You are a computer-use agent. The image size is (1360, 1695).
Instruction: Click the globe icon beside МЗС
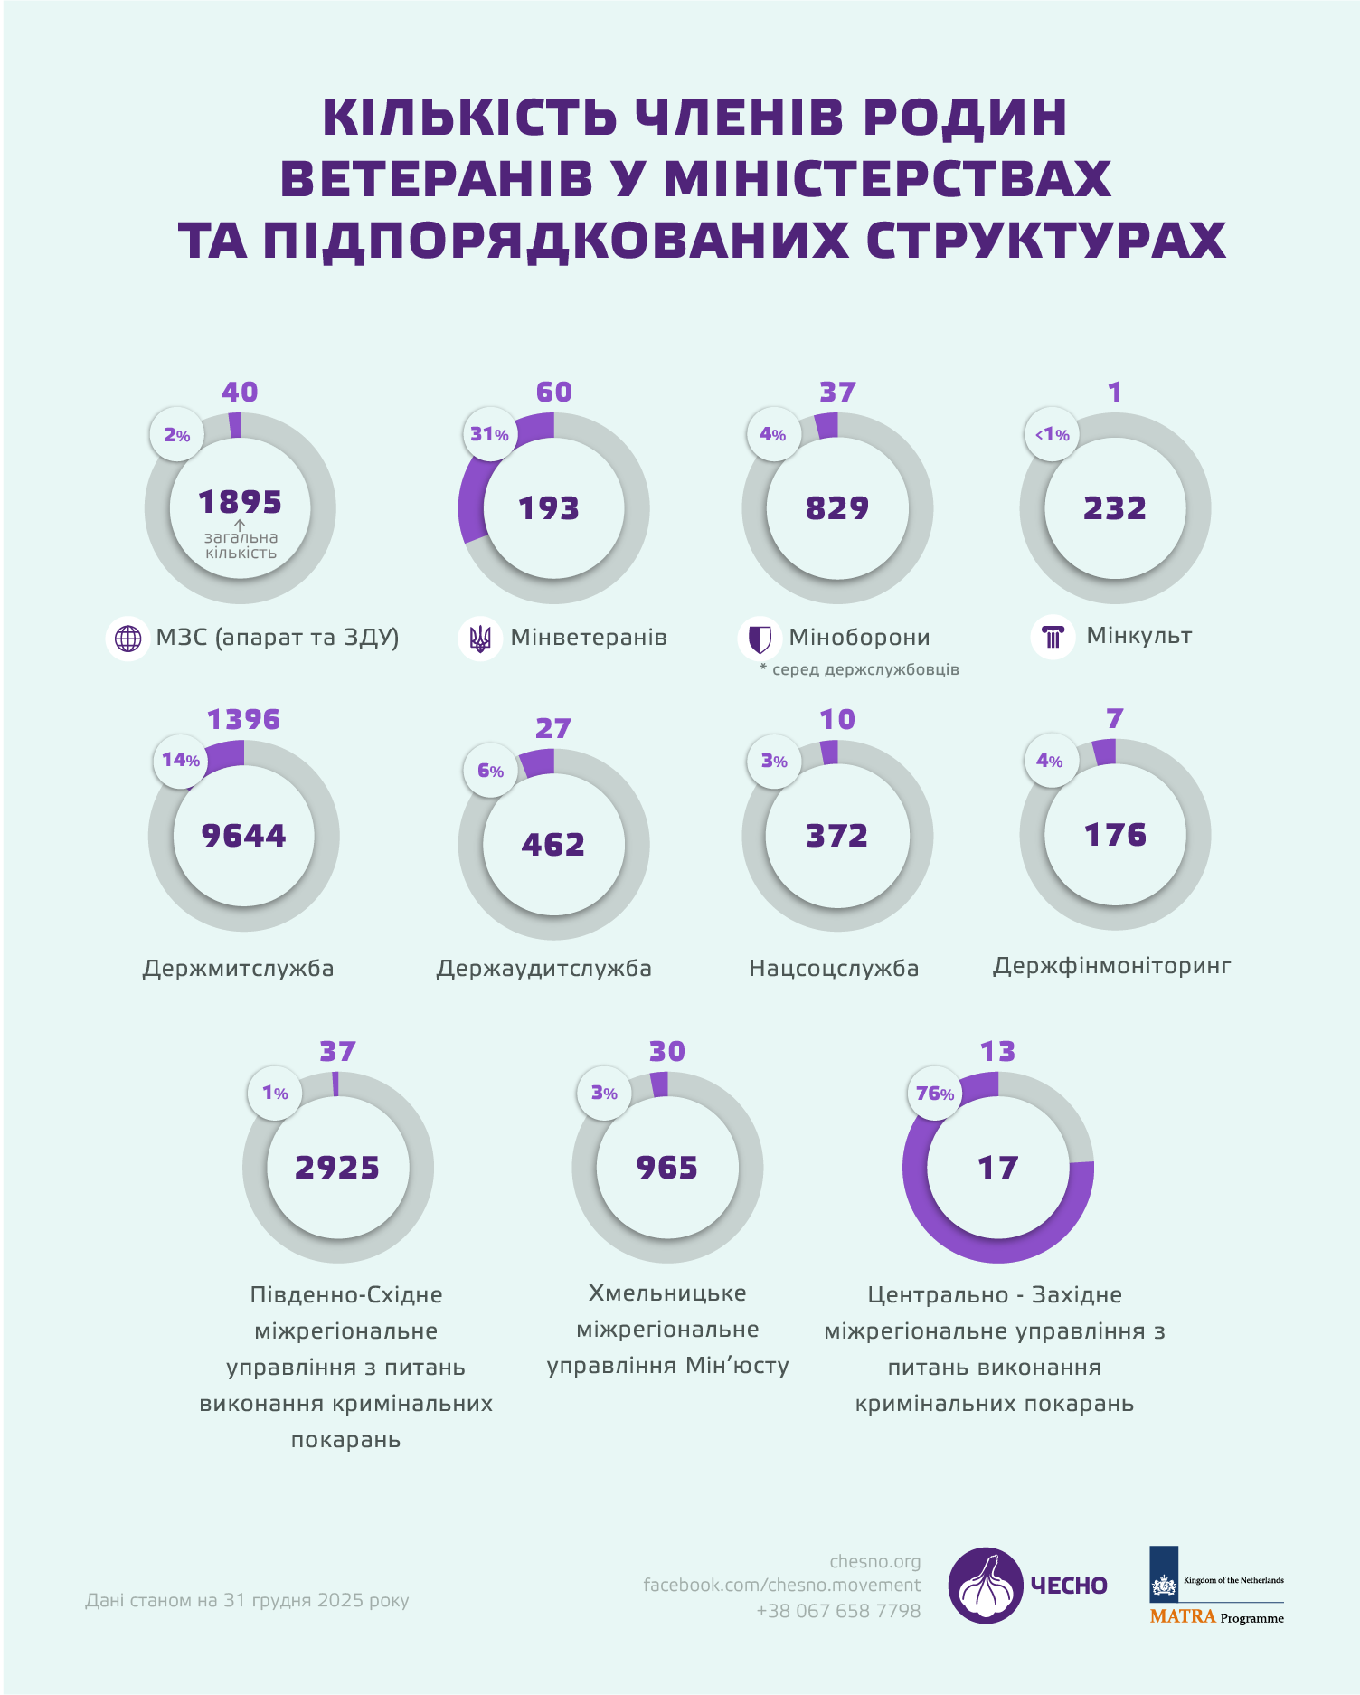(x=128, y=639)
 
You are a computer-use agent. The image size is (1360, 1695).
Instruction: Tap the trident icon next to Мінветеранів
(x=480, y=639)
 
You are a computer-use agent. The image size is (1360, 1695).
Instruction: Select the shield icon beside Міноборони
(x=760, y=639)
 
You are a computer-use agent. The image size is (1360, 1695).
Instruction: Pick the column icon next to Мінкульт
(x=1053, y=637)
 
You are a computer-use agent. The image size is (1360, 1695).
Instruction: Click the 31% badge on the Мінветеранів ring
(x=489, y=435)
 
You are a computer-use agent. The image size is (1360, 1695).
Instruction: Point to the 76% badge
(x=934, y=1094)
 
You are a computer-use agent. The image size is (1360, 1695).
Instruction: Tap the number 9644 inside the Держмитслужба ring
(x=243, y=836)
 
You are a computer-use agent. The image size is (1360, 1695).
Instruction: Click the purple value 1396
(x=243, y=720)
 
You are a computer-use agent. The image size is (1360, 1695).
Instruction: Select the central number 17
(x=997, y=1168)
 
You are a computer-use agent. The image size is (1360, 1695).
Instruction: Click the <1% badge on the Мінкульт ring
(x=1053, y=435)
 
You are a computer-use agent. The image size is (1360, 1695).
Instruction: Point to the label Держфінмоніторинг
(x=1111, y=966)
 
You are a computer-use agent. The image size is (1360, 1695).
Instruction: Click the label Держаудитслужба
(x=543, y=969)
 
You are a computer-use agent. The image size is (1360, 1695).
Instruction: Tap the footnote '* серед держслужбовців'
(x=859, y=670)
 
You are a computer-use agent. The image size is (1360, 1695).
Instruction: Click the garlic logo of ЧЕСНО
(x=986, y=1585)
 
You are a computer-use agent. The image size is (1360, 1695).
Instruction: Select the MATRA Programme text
(x=1216, y=1617)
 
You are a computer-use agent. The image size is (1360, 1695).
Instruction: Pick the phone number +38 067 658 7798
(x=838, y=1611)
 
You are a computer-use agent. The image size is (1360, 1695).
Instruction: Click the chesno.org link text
(x=874, y=1562)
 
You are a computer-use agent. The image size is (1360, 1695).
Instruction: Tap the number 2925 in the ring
(x=337, y=1168)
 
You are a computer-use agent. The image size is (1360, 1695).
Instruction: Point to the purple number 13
(x=997, y=1052)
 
